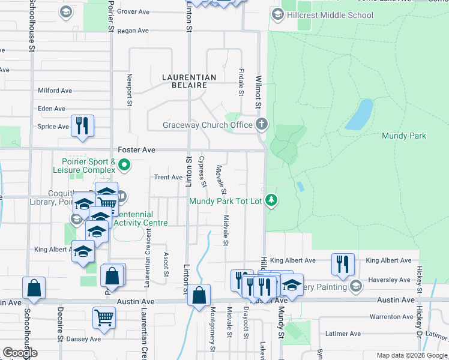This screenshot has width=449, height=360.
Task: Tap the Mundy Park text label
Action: click(x=404, y=136)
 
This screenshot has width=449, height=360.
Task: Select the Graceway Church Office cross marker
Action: click(x=261, y=124)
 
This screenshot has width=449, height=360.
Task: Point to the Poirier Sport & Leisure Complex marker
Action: click(x=124, y=164)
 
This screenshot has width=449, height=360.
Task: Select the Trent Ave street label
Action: click(x=168, y=177)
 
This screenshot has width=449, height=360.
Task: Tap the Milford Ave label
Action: click(x=55, y=91)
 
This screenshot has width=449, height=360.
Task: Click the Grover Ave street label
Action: click(x=133, y=11)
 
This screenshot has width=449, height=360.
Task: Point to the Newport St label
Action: click(x=129, y=89)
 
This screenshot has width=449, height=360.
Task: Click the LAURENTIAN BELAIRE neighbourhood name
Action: click(x=189, y=82)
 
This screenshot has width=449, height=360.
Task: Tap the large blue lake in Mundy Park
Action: click(x=358, y=115)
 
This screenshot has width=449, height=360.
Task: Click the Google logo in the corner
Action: click(x=20, y=353)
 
